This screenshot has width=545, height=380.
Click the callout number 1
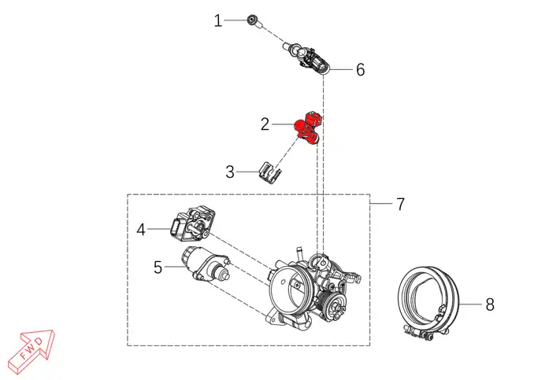pos(218,20)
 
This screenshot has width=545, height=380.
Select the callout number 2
pos(265,124)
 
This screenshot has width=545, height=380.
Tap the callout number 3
pos(230,172)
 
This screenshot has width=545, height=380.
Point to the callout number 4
pos(141,230)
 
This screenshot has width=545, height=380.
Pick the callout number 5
pos(158,267)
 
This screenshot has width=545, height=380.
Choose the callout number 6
pos(361,70)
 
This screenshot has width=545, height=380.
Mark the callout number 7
pos(401,205)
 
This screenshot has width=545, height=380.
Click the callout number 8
pos(490,304)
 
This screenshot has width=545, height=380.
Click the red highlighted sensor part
pos(308,127)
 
